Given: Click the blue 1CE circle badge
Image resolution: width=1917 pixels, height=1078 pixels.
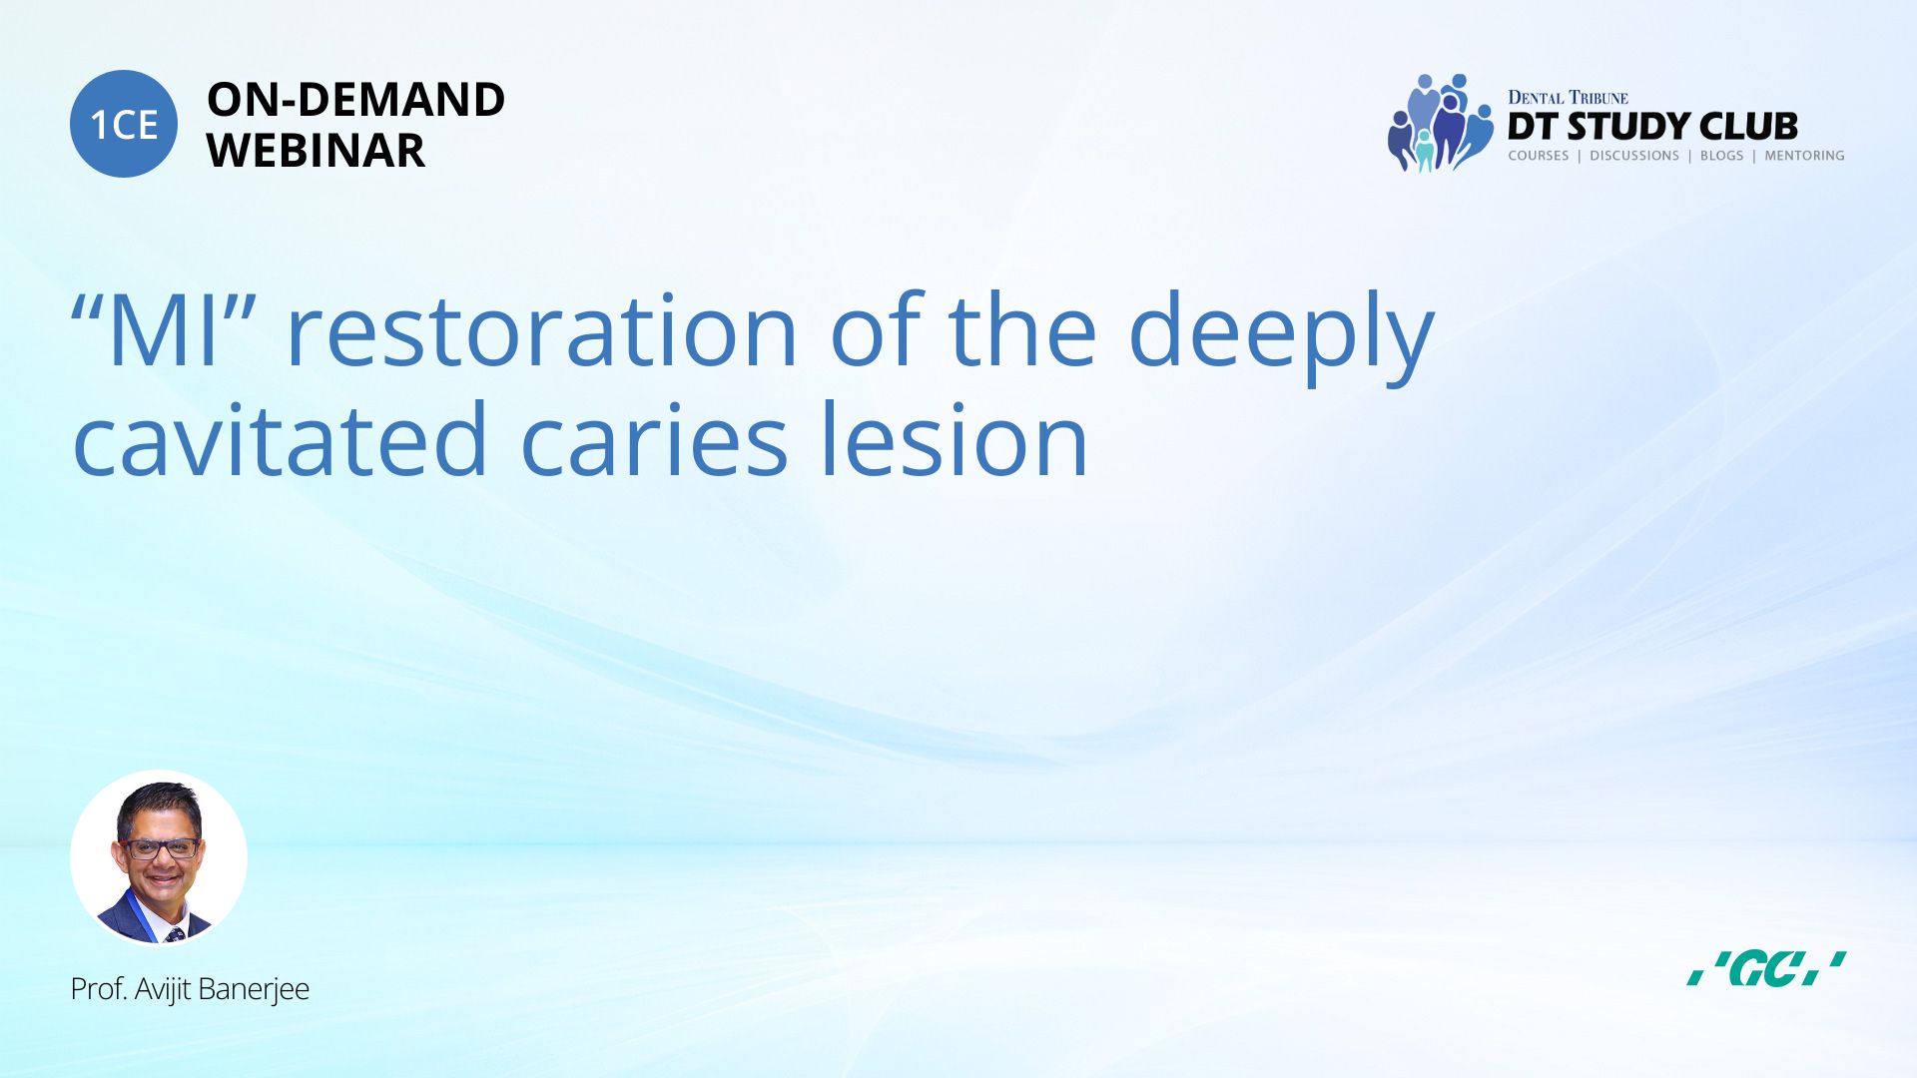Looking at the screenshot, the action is tap(124, 124).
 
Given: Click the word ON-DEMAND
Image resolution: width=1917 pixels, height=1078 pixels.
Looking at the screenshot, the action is tap(355, 100).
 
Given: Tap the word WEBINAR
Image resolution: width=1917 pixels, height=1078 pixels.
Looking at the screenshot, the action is tap(316, 151).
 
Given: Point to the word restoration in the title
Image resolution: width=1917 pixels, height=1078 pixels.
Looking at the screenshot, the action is tap(542, 330).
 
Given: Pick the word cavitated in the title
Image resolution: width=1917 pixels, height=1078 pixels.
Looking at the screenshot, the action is tap(280, 440).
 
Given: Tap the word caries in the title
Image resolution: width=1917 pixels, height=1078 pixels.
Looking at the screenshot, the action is tap(655, 440).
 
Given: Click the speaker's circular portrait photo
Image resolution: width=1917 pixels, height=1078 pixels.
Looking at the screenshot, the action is tap(159, 858).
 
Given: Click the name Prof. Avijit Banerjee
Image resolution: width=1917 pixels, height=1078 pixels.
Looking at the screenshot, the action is tap(190, 989).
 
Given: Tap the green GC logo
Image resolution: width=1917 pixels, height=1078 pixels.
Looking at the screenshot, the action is tap(1766, 969).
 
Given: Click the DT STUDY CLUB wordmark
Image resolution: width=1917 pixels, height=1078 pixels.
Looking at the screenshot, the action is tap(1652, 127).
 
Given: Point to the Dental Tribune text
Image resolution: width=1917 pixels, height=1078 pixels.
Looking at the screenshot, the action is tap(1568, 97).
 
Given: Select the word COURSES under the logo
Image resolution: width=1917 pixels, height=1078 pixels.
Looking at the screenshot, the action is tap(1539, 156).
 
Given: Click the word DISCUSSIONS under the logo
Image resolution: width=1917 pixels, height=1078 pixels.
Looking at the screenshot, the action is tap(1634, 156).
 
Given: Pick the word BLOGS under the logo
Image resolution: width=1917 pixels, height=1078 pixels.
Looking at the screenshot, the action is tap(1721, 156).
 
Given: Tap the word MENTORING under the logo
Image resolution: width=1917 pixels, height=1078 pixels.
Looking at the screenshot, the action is tap(1804, 156).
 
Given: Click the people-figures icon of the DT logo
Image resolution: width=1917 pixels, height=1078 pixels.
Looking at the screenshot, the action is tap(1440, 123).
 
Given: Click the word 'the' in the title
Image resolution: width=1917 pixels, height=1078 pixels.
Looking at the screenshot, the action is tap(1022, 328).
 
